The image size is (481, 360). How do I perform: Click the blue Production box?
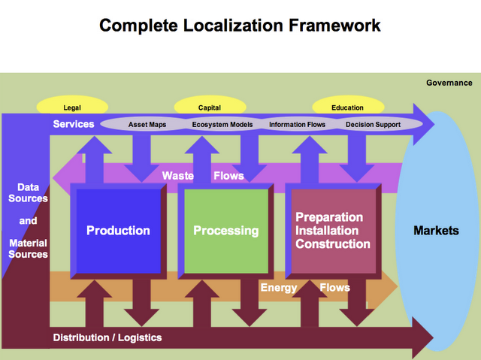pos(119,231)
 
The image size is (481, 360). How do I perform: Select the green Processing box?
pos(226,231)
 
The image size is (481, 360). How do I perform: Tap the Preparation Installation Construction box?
pos(334,231)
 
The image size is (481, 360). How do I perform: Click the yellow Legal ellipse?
pos(72,106)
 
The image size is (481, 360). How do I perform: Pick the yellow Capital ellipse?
pos(210,106)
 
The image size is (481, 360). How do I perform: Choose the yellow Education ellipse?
pos(348,106)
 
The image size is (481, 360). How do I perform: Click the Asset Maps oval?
pos(147,125)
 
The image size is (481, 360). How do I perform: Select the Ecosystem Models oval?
pos(222,125)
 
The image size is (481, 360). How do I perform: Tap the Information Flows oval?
pos(298,125)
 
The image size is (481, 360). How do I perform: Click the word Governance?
pos(449,83)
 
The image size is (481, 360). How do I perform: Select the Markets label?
pos(436,231)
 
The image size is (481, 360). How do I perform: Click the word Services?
pos(74,124)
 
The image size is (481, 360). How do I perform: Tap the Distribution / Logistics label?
pos(107,337)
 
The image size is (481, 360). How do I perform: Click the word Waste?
pos(178,176)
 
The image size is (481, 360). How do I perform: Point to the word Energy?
pos(279,288)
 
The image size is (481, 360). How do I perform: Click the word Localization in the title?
pos(233,26)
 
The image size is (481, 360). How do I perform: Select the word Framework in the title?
pos(334,26)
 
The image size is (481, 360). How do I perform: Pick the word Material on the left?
pos(29,244)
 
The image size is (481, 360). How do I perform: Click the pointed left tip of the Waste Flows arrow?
pos(53,178)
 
